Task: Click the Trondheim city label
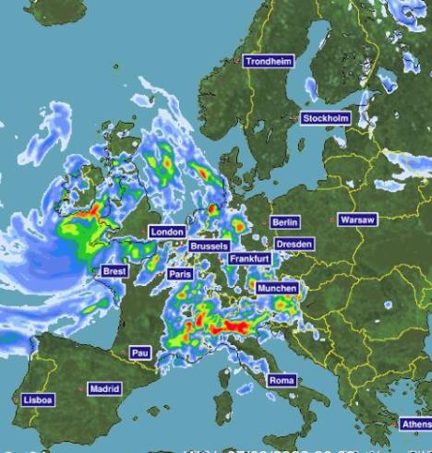(269, 61)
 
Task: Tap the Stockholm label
(326, 118)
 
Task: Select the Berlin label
(285, 222)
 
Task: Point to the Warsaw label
(357, 220)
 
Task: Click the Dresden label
(294, 244)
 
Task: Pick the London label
(167, 232)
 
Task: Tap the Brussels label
(209, 246)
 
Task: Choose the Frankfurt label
(250, 259)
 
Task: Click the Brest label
(114, 271)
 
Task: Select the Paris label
(179, 274)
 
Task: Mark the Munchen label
(277, 288)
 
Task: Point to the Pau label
(139, 352)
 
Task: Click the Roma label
(282, 380)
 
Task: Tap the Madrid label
(104, 388)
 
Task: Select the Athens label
(415, 423)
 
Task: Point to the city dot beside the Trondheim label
(238, 62)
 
